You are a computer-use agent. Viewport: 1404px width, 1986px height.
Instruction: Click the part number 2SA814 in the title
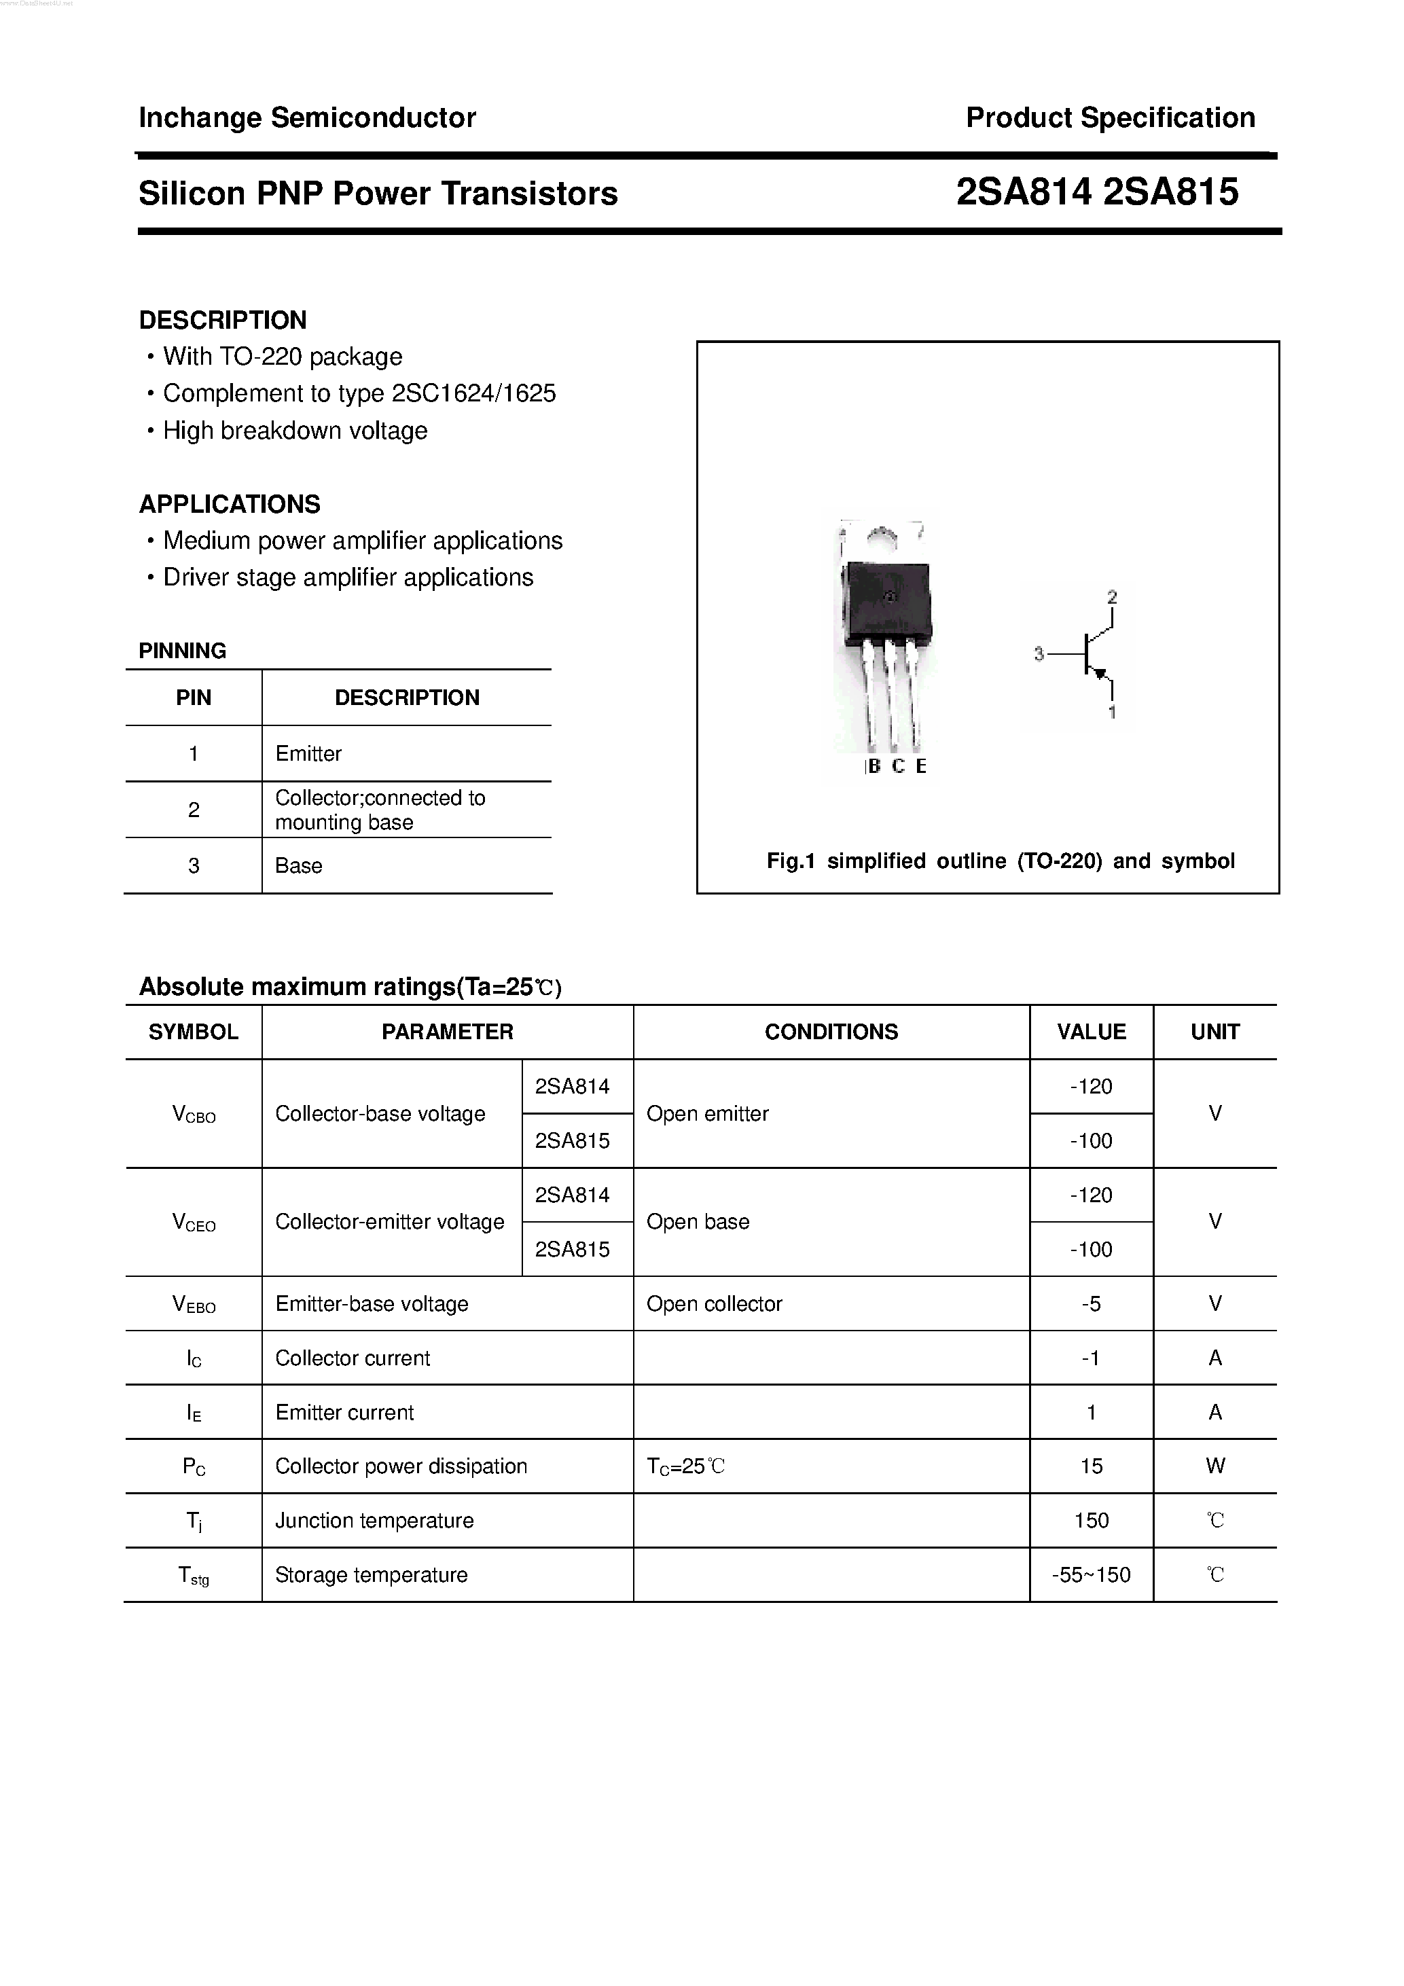click(x=1024, y=192)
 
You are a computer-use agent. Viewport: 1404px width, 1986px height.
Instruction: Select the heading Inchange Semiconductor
click(x=307, y=118)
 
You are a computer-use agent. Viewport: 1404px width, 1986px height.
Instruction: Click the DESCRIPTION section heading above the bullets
click(x=222, y=320)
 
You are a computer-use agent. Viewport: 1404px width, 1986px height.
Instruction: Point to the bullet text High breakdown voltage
click(x=295, y=431)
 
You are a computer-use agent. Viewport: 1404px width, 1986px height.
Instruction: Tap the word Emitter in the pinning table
click(x=308, y=753)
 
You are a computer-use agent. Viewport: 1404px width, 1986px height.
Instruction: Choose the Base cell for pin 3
click(x=298, y=866)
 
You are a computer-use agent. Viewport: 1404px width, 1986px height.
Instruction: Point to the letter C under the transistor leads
click(x=898, y=766)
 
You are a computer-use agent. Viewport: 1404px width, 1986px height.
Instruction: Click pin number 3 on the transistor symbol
click(x=1039, y=654)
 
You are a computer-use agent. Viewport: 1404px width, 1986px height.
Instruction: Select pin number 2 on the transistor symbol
click(x=1113, y=597)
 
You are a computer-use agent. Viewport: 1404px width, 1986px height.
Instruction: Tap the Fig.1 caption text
click(x=1000, y=861)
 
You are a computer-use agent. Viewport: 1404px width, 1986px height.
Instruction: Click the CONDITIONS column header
click(x=831, y=1032)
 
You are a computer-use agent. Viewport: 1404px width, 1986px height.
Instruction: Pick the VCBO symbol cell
click(x=194, y=1114)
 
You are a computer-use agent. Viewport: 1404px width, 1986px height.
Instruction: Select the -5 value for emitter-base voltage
click(x=1091, y=1303)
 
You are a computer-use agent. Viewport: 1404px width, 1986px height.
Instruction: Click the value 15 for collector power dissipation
click(x=1091, y=1466)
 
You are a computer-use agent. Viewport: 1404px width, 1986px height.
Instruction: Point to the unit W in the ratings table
click(x=1214, y=1466)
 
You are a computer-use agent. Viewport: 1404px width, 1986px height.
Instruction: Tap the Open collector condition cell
click(x=714, y=1303)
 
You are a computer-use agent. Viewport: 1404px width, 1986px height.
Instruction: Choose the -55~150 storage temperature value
click(x=1091, y=1575)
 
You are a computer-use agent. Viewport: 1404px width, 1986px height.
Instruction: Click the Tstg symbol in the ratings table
click(x=194, y=1576)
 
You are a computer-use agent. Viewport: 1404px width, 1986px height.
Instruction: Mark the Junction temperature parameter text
click(x=374, y=1521)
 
